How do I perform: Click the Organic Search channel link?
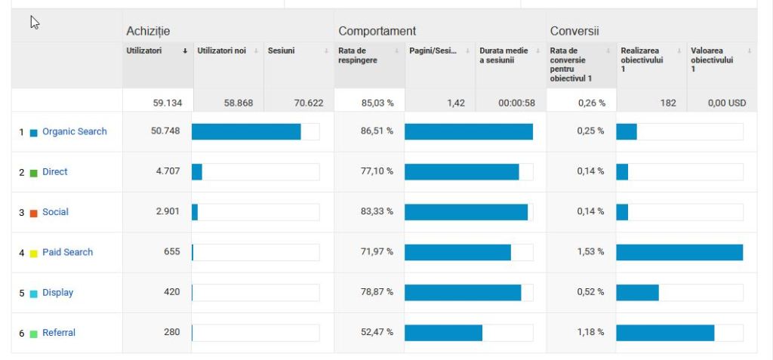pyautogui.click(x=74, y=131)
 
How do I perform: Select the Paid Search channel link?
pyautogui.click(x=67, y=252)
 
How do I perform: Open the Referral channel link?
pyautogui.click(x=59, y=333)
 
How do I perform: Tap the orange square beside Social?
pyautogui.click(x=33, y=213)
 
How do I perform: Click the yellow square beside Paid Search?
pyautogui.click(x=33, y=253)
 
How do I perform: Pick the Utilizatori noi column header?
pyautogui.click(x=222, y=51)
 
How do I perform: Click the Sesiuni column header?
pyautogui.click(x=282, y=51)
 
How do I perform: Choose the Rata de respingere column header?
pyautogui.click(x=358, y=55)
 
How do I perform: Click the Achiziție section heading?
pyautogui.click(x=148, y=31)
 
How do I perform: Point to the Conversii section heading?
pyautogui.click(x=574, y=31)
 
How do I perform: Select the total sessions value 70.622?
pyautogui.click(x=309, y=103)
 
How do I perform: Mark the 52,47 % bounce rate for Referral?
pyautogui.click(x=377, y=333)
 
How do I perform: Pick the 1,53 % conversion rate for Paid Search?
pyautogui.click(x=590, y=252)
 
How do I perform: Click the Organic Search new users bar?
pyautogui.click(x=246, y=131)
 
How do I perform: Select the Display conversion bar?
pyautogui.click(x=637, y=293)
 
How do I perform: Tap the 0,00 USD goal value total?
pyautogui.click(x=727, y=103)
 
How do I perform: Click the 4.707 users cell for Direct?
pyautogui.click(x=168, y=171)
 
